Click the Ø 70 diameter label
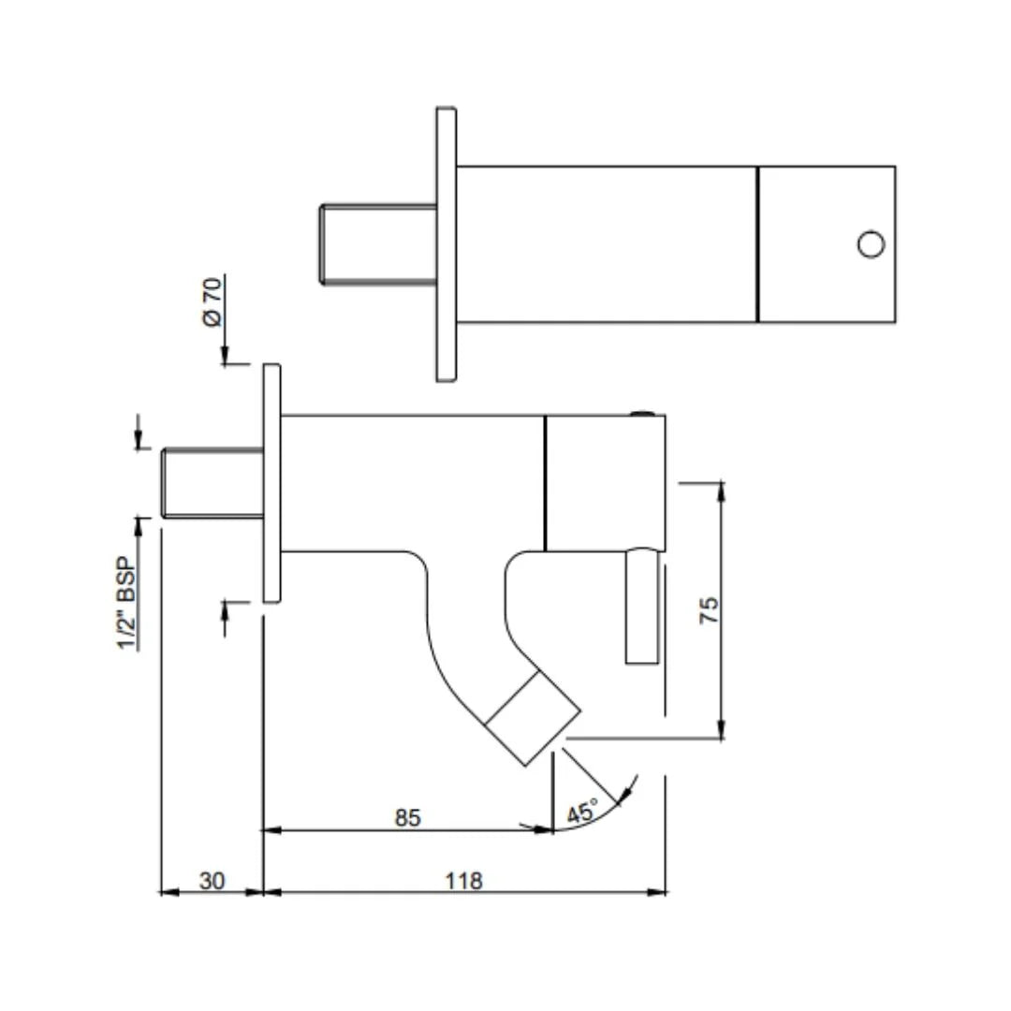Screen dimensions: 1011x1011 click(x=212, y=301)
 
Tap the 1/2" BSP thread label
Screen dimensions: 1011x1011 click(x=126, y=603)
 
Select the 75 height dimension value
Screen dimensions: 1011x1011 click(x=709, y=609)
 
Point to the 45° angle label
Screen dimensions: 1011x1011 click(x=582, y=812)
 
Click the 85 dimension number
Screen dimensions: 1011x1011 click(x=407, y=817)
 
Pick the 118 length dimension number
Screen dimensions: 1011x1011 click(x=463, y=880)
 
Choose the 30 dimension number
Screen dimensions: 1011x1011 click(x=212, y=880)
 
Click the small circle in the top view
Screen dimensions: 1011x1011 click(x=872, y=244)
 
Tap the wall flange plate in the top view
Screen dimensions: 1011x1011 click(x=447, y=244)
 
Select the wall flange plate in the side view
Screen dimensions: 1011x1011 click(x=272, y=484)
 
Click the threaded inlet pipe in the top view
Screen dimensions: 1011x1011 click(x=378, y=244)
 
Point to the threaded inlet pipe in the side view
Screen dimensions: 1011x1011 click(x=212, y=483)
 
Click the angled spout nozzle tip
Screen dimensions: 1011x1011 click(x=533, y=719)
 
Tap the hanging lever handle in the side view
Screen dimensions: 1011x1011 click(x=642, y=606)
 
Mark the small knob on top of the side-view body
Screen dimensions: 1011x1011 click(x=642, y=414)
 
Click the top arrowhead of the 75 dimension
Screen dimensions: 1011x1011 click(x=721, y=490)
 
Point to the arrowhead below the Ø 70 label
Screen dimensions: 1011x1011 click(x=225, y=356)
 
